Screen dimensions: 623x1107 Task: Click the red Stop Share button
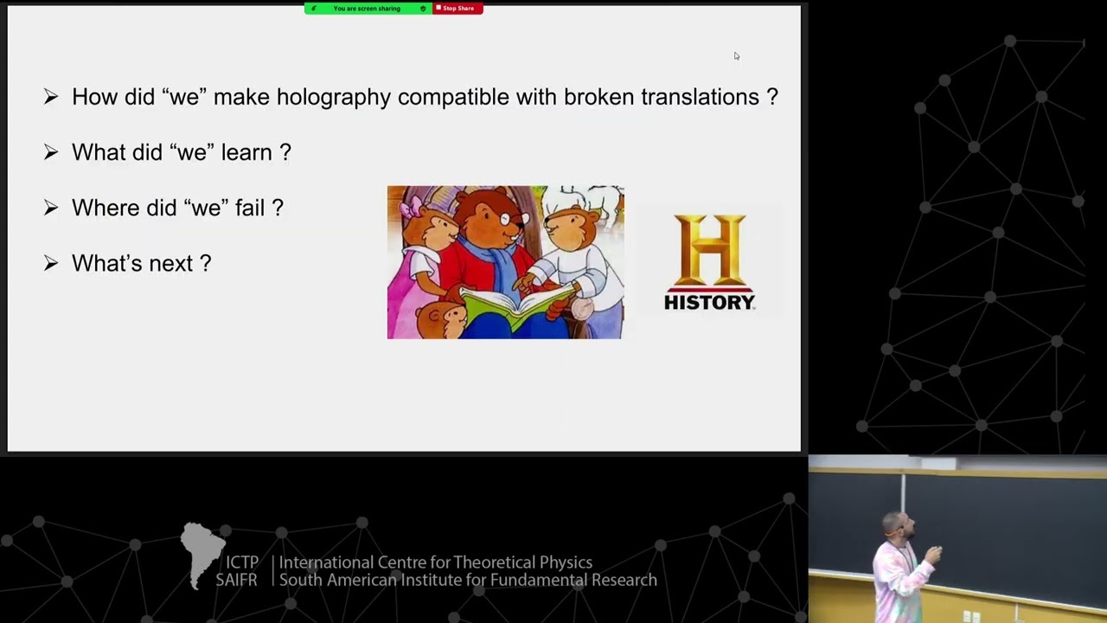(x=458, y=9)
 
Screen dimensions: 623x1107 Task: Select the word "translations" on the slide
(x=700, y=97)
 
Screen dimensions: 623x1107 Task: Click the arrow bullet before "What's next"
(x=51, y=263)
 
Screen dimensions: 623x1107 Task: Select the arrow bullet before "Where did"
(x=51, y=208)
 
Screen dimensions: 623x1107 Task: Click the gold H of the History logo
(x=709, y=249)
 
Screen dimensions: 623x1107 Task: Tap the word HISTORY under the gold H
(x=709, y=302)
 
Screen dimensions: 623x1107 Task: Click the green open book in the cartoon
(x=515, y=305)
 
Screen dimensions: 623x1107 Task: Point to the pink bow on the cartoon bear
(x=409, y=207)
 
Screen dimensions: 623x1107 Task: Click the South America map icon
(x=201, y=552)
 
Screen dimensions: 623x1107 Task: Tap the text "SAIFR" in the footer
(x=236, y=581)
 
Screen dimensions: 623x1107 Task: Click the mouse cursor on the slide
(x=736, y=56)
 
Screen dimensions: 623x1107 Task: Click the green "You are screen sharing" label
(x=367, y=9)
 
